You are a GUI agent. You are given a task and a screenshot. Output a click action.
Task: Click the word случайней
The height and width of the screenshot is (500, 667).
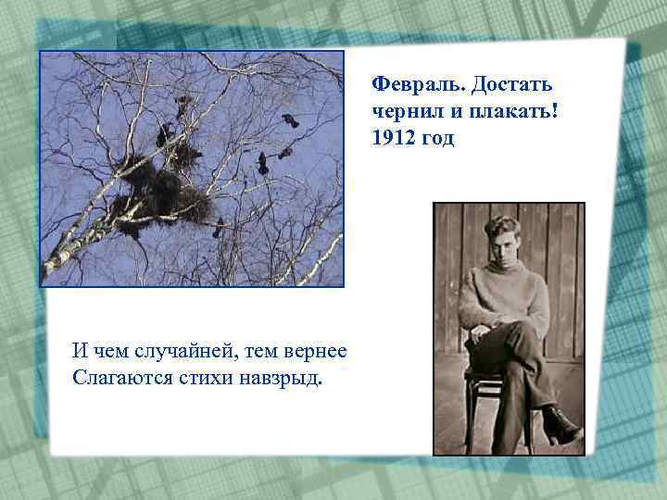178,352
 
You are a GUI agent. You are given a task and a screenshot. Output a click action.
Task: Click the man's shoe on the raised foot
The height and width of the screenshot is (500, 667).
561,426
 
